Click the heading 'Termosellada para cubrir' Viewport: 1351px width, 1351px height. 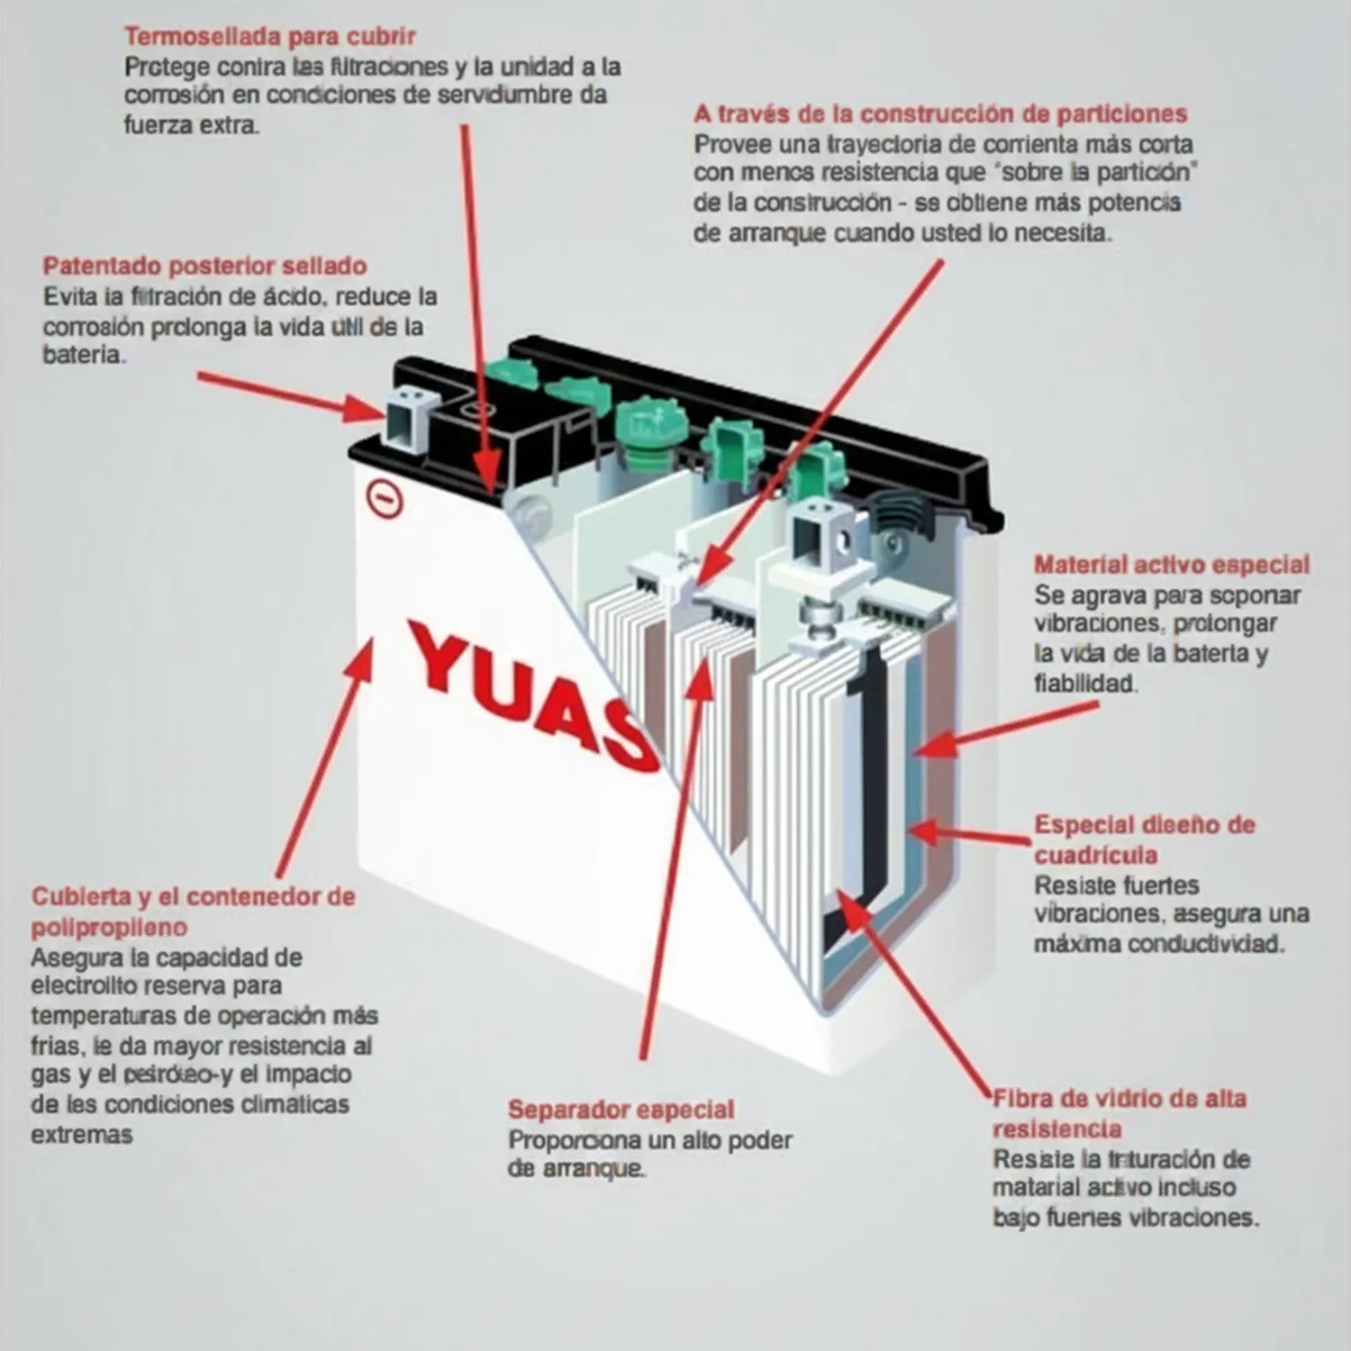[x=269, y=37]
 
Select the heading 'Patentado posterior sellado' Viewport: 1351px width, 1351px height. [x=204, y=267]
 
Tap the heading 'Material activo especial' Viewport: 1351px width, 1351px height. [x=1171, y=566]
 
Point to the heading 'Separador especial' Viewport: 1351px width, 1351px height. [x=621, y=1110]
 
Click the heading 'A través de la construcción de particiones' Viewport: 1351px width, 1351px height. [x=939, y=114]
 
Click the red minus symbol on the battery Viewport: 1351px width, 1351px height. [x=385, y=498]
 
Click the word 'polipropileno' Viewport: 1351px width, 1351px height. [x=109, y=928]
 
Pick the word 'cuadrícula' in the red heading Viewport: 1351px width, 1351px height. [x=1095, y=855]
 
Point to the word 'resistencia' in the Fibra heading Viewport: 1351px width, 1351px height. [x=1056, y=1129]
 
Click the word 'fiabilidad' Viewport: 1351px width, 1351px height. [x=1085, y=685]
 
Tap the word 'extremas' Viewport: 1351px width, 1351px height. [x=81, y=1135]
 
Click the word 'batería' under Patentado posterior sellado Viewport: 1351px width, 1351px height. [x=82, y=356]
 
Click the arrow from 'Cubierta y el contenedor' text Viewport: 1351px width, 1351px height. [x=324, y=757]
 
